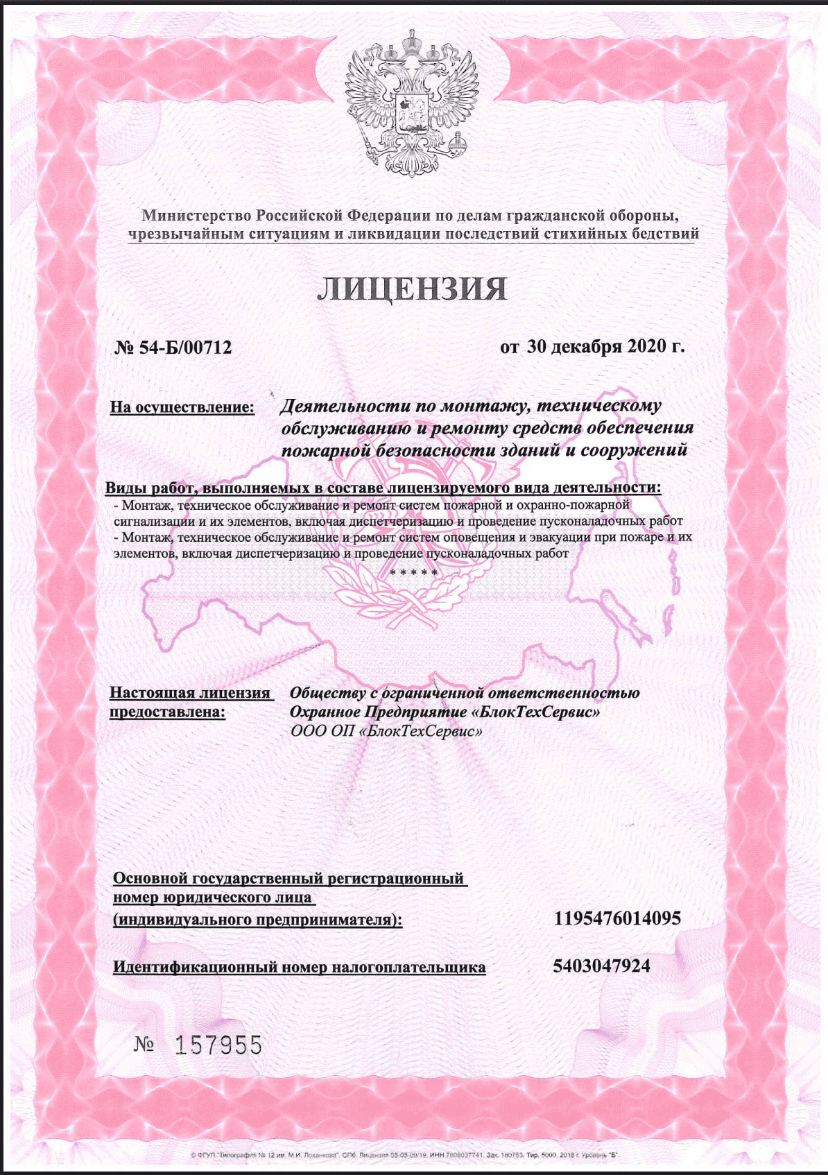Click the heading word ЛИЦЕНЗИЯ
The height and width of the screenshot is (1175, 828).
pos(412,289)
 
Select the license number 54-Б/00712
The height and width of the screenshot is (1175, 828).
pos(185,347)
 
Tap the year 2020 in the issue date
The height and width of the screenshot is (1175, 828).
pos(647,345)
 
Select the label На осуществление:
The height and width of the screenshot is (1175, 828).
pos(182,406)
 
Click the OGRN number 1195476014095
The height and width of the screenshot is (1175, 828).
pos(617,919)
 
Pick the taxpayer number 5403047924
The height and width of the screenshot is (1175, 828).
pos(601,966)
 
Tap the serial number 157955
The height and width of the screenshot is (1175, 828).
pos(218,1045)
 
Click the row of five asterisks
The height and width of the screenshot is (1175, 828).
pos(413,572)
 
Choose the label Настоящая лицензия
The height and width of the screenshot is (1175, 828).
pos(190,692)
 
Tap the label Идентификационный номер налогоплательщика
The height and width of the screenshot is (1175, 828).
pos(299,966)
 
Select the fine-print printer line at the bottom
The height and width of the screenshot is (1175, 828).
pos(404,1155)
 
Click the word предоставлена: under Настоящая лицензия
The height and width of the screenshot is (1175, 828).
pos(167,712)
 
